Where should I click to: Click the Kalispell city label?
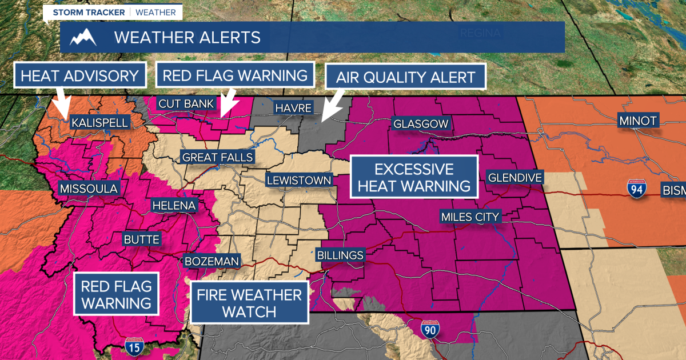click(x=99, y=123)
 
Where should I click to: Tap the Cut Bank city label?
click(x=186, y=104)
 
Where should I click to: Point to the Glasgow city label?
click(x=421, y=124)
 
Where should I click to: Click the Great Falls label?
click(x=217, y=158)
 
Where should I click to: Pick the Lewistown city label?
click(x=299, y=181)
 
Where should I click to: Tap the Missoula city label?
click(x=89, y=189)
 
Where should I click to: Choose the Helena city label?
click(x=174, y=206)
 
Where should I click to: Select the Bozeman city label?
click(x=211, y=261)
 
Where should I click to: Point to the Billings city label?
click(x=341, y=255)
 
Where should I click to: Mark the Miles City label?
click(x=470, y=217)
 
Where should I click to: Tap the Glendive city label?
click(x=514, y=178)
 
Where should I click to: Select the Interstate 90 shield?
click(x=430, y=330)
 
